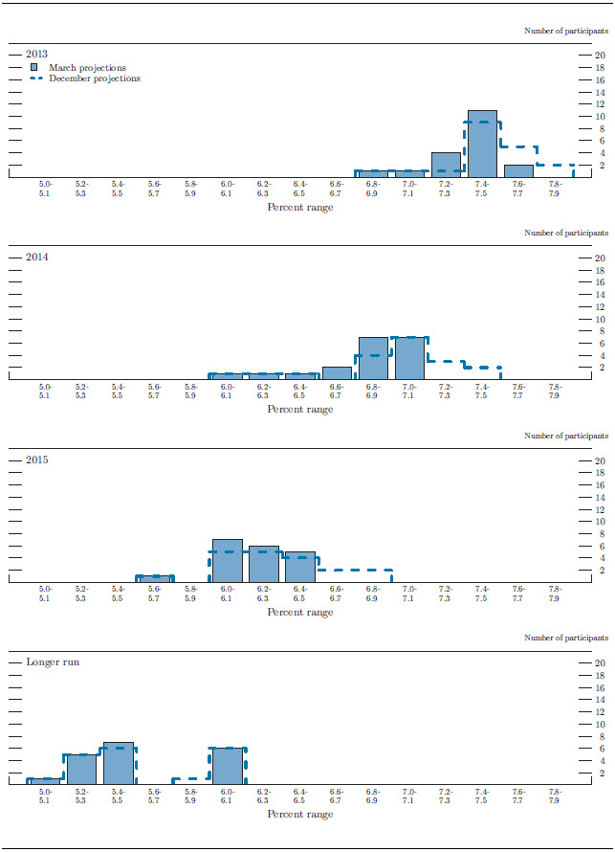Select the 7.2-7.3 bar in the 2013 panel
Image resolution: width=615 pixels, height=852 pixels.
click(446, 165)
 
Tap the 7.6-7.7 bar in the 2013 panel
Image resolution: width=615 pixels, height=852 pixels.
click(518, 171)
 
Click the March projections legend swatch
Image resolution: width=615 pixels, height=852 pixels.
click(34, 68)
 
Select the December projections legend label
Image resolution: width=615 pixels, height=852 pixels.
click(95, 78)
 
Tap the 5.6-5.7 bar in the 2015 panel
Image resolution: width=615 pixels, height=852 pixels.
click(155, 578)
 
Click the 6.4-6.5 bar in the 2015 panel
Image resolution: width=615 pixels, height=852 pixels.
click(300, 567)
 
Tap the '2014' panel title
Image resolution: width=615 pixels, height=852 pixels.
click(37, 257)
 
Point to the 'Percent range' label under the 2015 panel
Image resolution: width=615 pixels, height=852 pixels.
click(300, 612)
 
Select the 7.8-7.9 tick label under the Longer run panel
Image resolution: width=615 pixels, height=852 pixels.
click(554, 796)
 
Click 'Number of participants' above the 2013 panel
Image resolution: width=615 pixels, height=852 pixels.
click(565, 31)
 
